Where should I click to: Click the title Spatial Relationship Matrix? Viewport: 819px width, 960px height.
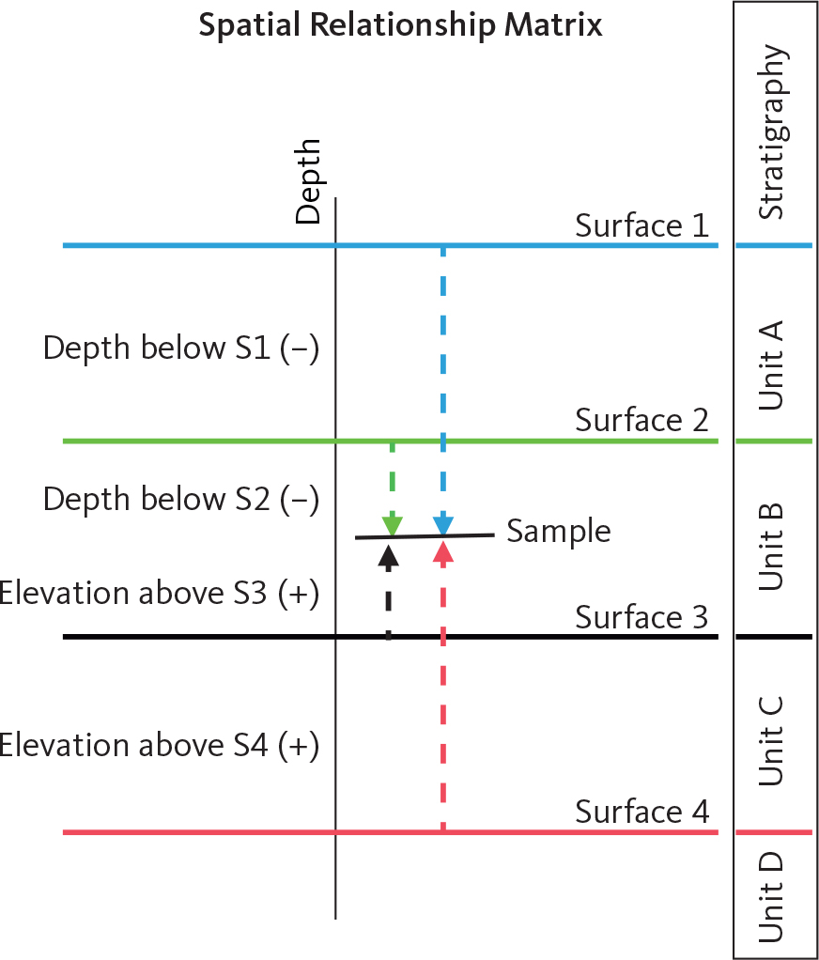(400, 25)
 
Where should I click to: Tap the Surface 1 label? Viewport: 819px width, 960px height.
(641, 226)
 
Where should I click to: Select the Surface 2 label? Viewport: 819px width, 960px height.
(641, 421)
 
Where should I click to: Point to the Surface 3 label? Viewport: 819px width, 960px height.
(641, 617)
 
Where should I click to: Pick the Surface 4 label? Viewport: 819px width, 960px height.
(641, 811)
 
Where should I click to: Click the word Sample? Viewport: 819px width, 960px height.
(559, 532)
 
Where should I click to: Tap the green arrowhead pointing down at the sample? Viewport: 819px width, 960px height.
(392, 524)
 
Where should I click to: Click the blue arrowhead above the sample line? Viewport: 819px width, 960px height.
(443, 524)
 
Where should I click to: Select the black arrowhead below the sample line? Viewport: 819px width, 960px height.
(388, 553)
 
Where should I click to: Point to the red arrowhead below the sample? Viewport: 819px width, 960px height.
(443, 551)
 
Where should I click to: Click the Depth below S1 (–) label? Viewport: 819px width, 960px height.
(181, 348)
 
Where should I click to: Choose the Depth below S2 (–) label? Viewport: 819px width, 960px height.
(181, 499)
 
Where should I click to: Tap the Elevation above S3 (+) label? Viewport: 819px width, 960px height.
(160, 594)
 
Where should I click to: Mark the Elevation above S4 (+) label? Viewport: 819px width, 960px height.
(160, 746)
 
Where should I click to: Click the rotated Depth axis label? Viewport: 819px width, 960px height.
(308, 181)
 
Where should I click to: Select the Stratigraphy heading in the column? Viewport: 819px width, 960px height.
(773, 132)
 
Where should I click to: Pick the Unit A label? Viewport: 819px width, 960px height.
(773, 364)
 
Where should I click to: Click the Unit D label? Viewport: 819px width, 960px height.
(773, 896)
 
